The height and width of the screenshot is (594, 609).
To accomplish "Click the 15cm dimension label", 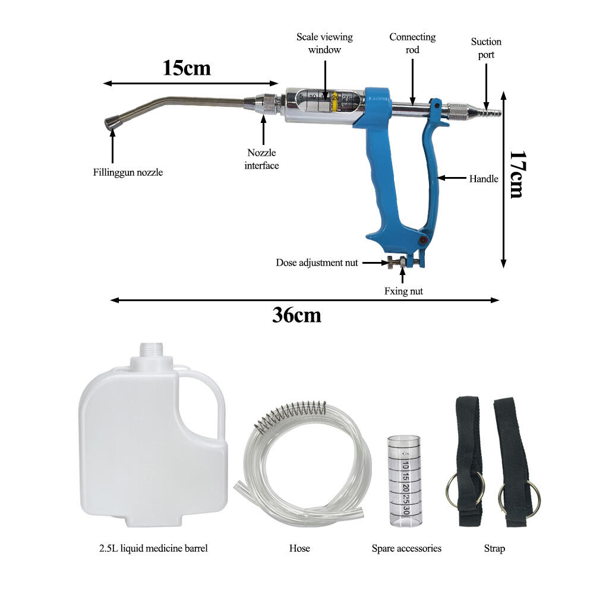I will (x=187, y=68).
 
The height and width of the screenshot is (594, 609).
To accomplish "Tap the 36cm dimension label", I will (x=296, y=315).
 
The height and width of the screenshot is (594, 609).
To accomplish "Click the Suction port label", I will (x=486, y=48).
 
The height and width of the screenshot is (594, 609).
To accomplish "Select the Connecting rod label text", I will (x=412, y=43).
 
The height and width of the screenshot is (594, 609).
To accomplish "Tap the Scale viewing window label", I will (x=324, y=43).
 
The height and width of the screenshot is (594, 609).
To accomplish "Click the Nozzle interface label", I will (x=261, y=159).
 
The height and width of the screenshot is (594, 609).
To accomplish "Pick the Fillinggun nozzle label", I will (x=128, y=173).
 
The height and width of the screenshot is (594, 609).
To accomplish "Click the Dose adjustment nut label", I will (x=317, y=263).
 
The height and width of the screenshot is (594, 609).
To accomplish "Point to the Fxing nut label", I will (x=403, y=291).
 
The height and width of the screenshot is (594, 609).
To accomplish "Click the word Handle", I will (x=484, y=178).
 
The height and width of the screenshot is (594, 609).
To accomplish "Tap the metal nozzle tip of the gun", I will (x=111, y=123).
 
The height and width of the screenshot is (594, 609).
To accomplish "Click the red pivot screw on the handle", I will (x=424, y=239).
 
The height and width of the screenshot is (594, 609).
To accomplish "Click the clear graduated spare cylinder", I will (x=400, y=481).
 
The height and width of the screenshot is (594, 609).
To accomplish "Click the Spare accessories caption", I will (x=406, y=548).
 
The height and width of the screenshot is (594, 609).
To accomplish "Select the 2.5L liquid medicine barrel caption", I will (x=153, y=548).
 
